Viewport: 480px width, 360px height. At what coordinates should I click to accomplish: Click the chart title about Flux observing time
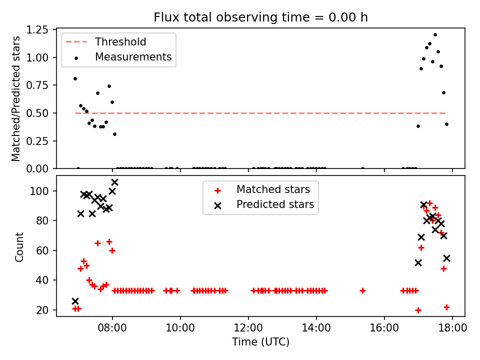coord(260,17)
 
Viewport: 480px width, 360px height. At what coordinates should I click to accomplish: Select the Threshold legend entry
coord(105,41)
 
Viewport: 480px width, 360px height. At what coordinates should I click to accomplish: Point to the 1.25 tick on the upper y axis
coord(37,29)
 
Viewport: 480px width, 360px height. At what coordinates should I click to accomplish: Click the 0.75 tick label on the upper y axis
coord(37,85)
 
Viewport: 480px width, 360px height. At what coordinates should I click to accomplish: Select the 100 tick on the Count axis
coord(39,191)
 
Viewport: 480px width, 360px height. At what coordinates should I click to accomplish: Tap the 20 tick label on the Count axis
coord(42,310)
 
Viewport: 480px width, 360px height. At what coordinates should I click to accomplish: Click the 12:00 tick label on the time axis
coord(248,328)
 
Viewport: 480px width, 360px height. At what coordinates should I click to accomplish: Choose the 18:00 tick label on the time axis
coord(452,328)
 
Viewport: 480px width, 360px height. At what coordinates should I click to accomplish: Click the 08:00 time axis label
coord(112,328)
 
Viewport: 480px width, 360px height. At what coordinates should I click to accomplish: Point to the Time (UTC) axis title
coord(260,341)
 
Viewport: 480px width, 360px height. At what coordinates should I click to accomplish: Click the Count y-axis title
coord(19,247)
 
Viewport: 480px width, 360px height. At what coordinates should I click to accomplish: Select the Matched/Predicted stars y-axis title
coord(15,98)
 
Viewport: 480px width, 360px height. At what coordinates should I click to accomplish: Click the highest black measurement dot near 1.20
coord(435,35)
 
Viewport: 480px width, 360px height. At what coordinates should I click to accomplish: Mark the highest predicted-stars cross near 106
coord(115,182)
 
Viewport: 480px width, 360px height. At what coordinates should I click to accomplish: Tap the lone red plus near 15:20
coord(362,291)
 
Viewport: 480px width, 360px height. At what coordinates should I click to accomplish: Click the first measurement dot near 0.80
coord(75,78)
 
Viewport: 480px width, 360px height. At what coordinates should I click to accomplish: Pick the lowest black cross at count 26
coord(75,301)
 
